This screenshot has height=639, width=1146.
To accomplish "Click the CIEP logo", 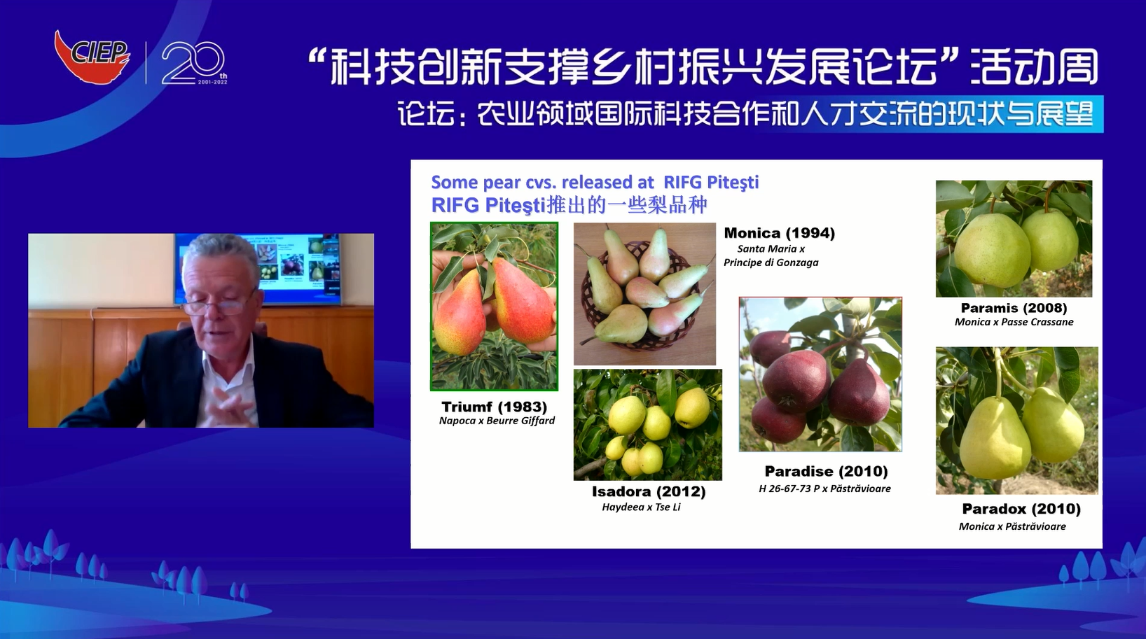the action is [x=92, y=56].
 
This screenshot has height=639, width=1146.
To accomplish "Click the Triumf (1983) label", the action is [x=495, y=407].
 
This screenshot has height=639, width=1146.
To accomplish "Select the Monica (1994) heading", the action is [x=779, y=233].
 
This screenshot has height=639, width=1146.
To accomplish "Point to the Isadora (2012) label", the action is [x=649, y=492].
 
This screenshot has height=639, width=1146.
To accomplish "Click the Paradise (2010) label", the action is [x=827, y=471].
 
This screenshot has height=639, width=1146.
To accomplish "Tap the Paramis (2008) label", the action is [x=1014, y=308].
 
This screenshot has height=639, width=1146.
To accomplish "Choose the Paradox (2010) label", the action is [x=1021, y=509].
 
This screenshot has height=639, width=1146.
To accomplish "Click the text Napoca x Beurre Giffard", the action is [x=497, y=421].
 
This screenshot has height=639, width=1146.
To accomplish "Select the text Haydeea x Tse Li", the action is [x=641, y=507].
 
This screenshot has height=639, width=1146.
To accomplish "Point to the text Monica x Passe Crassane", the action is [x=1014, y=322].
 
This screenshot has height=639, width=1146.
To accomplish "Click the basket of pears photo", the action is [x=644, y=294].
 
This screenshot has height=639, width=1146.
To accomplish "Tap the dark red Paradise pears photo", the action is [x=820, y=374].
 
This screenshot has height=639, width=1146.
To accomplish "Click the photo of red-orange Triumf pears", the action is [x=495, y=307].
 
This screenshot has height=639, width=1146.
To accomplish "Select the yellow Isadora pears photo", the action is [x=648, y=425].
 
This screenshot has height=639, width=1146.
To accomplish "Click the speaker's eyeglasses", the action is [x=221, y=306].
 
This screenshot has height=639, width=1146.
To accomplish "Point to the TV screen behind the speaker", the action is [x=257, y=269].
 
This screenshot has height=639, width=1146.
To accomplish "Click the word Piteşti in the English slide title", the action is [x=733, y=183].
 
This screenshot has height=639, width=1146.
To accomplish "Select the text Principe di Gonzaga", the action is [x=771, y=262].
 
